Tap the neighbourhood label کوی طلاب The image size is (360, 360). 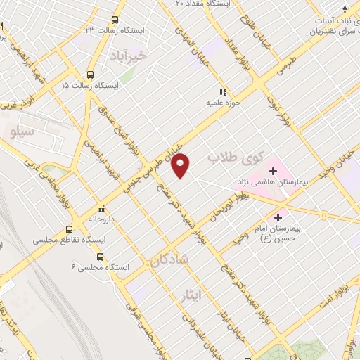tap(235, 158)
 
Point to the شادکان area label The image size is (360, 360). tap(169, 259)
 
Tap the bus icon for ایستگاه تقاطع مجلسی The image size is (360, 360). tap(69, 229)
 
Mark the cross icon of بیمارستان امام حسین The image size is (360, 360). tap(278, 217)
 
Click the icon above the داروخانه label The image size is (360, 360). tap(101, 209)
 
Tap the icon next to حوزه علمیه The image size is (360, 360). tap(222, 92)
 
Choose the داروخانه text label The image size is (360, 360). tap(102, 219)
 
